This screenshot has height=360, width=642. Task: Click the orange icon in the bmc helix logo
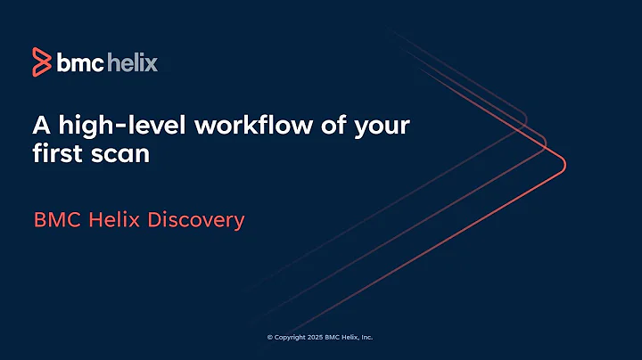coord(41,61)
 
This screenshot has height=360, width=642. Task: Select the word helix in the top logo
coord(133,62)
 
